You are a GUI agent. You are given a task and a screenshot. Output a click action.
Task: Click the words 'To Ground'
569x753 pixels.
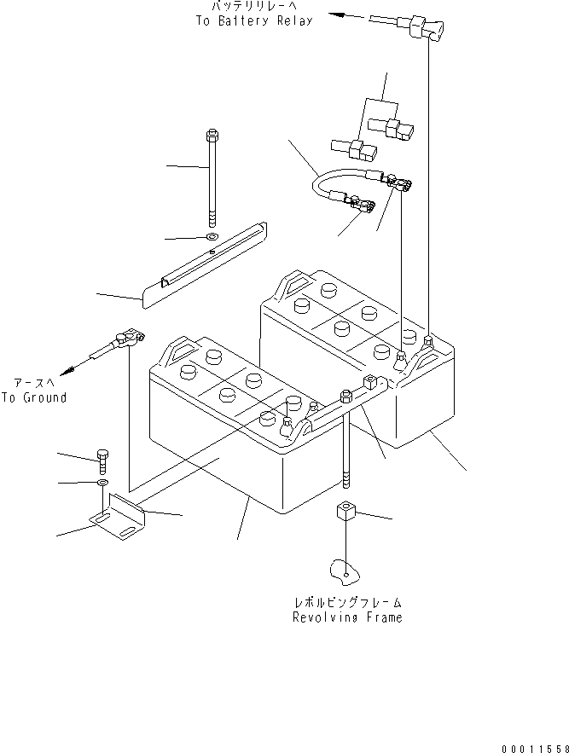[33, 397]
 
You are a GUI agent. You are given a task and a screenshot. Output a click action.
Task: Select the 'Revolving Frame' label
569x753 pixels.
[346, 617]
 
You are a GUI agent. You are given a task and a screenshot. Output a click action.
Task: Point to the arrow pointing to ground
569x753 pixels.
[79, 367]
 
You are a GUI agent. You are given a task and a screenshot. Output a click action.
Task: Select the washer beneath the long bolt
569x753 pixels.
[211, 236]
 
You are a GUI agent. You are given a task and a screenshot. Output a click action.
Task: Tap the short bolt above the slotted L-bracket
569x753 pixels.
[103, 459]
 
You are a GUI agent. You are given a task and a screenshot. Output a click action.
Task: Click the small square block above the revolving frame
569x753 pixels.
[345, 513]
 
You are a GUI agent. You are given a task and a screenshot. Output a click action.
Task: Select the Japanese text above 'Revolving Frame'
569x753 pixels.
[346, 602]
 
